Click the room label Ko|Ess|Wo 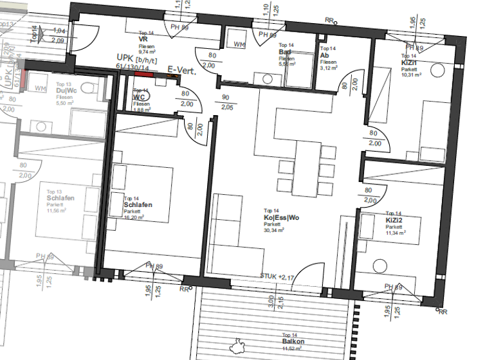(x=281, y=218)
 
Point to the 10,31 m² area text (x=411, y=75)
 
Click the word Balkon (x=293, y=341)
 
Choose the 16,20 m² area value (x=133, y=217)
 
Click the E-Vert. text (x=181, y=69)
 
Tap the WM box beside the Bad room (x=239, y=44)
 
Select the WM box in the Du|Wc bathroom (x=39, y=87)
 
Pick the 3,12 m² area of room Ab (x=328, y=67)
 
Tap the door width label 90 (x=226, y=98)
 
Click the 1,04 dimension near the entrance (x=59, y=31)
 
